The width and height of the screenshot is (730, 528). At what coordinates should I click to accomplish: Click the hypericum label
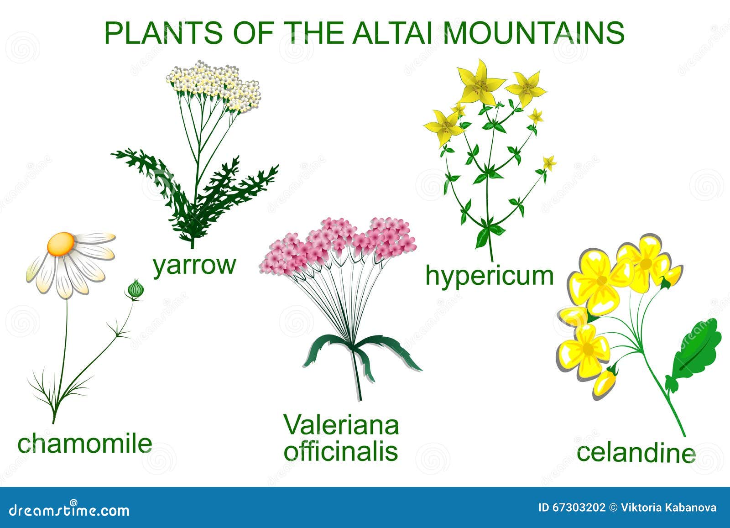pyautogui.click(x=490, y=276)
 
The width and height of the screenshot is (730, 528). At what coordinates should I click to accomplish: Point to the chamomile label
pyautogui.click(x=85, y=444)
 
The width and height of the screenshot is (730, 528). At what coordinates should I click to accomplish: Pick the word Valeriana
pyautogui.click(x=341, y=425)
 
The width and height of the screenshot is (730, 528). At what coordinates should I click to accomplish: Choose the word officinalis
pyautogui.click(x=341, y=451)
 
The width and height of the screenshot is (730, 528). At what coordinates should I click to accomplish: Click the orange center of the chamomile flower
pyautogui.click(x=61, y=244)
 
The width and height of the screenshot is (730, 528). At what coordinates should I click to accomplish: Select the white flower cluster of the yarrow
pyautogui.click(x=214, y=86)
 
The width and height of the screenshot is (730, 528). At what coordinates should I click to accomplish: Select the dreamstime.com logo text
pyautogui.click(x=69, y=510)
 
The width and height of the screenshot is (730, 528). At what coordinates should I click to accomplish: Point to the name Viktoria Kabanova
pyautogui.click(x=668, y=507)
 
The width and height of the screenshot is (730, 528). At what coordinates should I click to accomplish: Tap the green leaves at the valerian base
pyautogui.click(x=362, y=355)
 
